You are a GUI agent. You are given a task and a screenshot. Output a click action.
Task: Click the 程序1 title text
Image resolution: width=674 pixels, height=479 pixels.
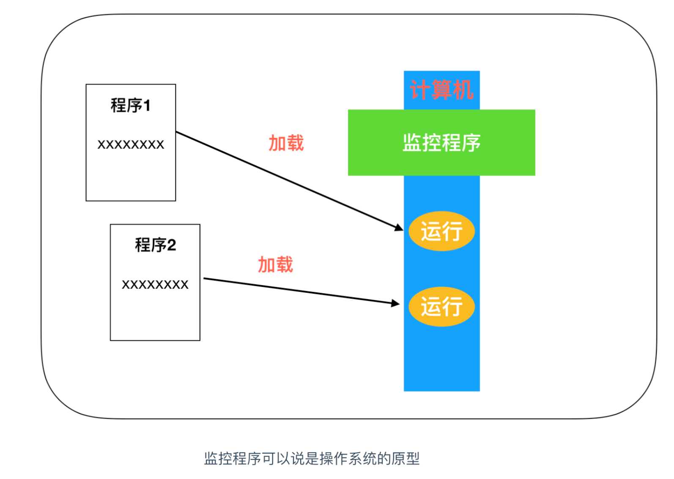coord(130,105)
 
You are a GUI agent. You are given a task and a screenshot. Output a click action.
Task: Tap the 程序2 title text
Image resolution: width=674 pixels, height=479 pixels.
coord(155,245)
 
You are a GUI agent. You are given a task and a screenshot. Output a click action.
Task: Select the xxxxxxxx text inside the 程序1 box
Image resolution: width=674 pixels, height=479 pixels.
coord(131,145)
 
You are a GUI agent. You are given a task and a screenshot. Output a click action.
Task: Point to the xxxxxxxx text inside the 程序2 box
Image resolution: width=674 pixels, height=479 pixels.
coord(155,284)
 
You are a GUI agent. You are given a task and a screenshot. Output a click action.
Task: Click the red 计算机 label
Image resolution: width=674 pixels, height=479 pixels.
coord(441,90)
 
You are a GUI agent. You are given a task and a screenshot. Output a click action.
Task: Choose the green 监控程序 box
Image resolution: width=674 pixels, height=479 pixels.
coord(441,143)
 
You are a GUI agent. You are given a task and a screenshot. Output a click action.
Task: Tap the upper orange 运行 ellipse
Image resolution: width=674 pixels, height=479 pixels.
coord(441,231)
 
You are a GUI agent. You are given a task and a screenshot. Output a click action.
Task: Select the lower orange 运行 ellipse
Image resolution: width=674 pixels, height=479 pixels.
coord(441,306)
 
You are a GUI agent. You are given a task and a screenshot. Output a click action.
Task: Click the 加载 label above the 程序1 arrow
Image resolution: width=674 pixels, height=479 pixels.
coord(286,143)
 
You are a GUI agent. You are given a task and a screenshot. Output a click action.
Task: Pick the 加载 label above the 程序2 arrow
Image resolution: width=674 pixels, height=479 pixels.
coord(275,265)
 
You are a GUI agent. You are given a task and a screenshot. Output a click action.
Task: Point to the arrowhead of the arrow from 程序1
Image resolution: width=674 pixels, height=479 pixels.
coord(400,228)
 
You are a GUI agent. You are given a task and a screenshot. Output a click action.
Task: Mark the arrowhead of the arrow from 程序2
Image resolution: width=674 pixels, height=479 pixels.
coord(396,303)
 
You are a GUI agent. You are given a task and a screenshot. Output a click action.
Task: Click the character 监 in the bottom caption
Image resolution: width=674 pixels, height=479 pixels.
coord(211,459)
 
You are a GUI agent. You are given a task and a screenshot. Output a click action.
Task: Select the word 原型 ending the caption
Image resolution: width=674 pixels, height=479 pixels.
coord(405,459)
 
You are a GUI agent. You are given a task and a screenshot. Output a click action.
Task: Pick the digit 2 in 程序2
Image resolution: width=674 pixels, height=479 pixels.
coord(171,245)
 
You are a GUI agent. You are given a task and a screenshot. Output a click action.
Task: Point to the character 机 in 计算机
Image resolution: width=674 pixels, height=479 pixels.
coord(463,90)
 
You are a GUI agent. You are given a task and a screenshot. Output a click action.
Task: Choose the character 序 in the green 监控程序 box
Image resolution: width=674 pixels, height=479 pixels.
coord(471,143)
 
